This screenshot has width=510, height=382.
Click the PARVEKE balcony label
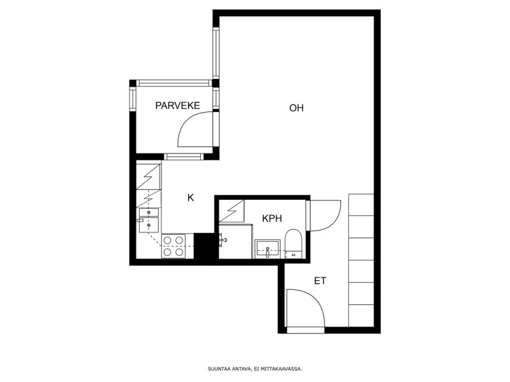[x=177, y=106]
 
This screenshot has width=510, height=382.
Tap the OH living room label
[x=296, y=108]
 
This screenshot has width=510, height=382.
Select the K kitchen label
[x=191, y=197]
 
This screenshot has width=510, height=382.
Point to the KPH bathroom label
[x=272, y=218]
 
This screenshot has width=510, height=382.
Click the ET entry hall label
[x=320, y=281]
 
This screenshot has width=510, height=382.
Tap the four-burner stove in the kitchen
[x=173, y=246]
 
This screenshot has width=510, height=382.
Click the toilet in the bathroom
[x=294, y=244]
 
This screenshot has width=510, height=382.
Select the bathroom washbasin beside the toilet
[x=267, y=249]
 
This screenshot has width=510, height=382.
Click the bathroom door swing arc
[x=331, y=222]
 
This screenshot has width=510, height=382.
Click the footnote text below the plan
[x=255, y=369]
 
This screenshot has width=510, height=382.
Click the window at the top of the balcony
[x=174, y=83]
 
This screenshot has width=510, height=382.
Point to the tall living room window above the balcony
[x=216, y=53]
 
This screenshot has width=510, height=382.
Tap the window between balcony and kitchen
[x=184, y=157]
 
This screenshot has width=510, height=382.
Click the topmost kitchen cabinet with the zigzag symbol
[x=149, y=176]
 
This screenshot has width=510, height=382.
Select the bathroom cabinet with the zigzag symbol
[x=231, y=211]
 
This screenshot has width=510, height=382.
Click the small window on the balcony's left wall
[x=133, y=100]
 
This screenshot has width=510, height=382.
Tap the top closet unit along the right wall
[x=361, y=204]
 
